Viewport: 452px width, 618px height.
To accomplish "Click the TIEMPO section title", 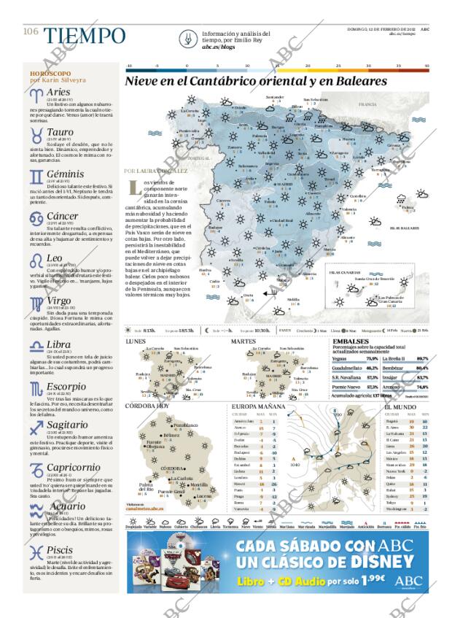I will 83,35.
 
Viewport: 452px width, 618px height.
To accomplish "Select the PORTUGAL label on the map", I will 198,158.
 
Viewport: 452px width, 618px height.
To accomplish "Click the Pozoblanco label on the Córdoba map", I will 186,425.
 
